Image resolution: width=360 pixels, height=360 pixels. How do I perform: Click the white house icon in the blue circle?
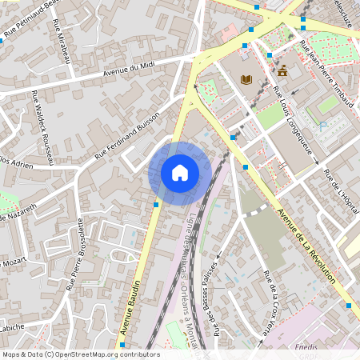180,172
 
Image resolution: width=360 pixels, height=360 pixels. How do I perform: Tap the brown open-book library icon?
246,78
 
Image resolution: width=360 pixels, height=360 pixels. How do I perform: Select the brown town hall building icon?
282,70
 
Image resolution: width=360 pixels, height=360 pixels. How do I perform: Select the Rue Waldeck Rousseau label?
42,128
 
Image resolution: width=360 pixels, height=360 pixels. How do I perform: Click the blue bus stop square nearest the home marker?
155,205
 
